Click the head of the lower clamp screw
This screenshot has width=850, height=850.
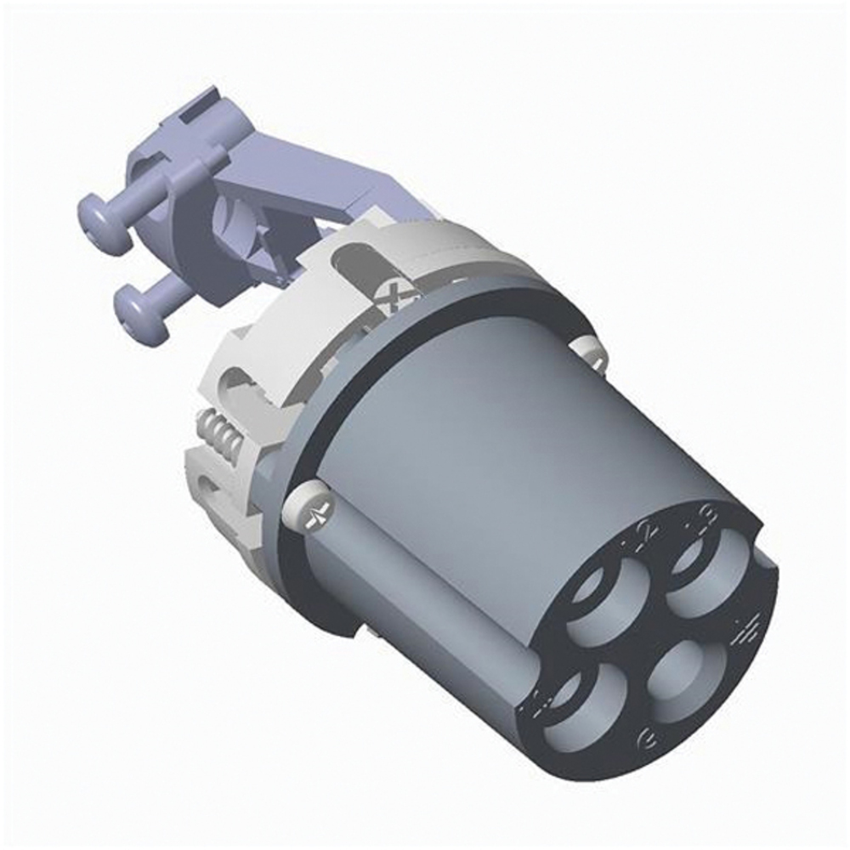tap(132, 303)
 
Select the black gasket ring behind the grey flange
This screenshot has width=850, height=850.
tap(476, 289)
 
